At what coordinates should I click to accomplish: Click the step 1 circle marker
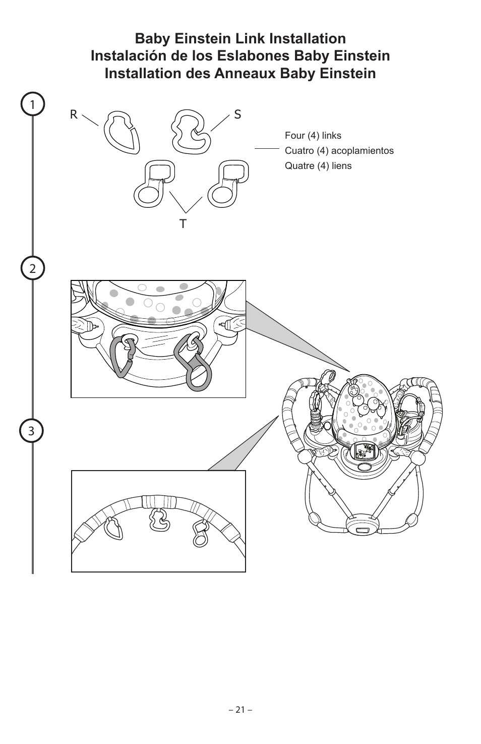click(x=33, y=105)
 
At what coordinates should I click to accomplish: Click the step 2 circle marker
click(x=33, y=268)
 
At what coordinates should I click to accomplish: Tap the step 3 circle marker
click(x=33, y=431)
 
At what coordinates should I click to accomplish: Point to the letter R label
click(x=74, y=115)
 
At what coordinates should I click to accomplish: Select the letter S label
click(x=237, y=115)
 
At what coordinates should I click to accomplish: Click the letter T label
click(x=183, y=223)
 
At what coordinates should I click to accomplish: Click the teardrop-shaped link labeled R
click(x=122, y=132)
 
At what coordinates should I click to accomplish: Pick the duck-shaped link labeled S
click(x=190, y=131)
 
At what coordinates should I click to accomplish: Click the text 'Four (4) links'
click(x=313, y=136)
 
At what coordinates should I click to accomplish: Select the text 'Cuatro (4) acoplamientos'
click(x=339, y=151)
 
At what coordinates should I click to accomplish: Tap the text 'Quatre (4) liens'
click(x=318, y=166)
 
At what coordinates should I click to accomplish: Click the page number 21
click(x=240, y=710)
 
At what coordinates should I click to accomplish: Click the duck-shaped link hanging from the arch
click(x=160, y=520)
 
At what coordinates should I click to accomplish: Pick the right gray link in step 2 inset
click(x=194, y=362)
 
